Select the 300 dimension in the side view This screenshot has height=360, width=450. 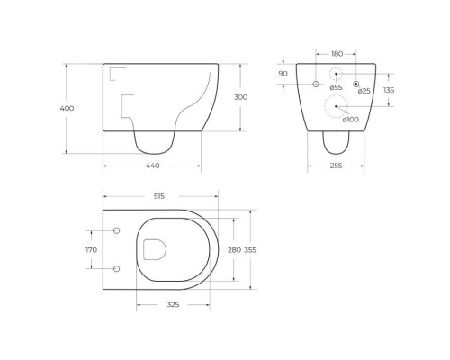[x=240, y=97]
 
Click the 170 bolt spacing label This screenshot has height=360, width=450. [x=91, y=250]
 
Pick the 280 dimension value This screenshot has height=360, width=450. [x=234, y=250]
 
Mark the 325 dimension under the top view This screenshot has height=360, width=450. [x=174, y=305]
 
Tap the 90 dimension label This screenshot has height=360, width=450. [x=283, y=74]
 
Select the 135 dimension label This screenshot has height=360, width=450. [x=389, y=90]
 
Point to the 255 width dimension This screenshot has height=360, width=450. [x=335, y=166]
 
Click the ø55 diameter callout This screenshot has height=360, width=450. [x=336, y=87]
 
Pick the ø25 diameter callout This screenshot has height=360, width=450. [x=364, y=91]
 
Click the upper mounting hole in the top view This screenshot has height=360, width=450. [x=117, y=231]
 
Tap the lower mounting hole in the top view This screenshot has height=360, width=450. [x=117, y=268]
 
